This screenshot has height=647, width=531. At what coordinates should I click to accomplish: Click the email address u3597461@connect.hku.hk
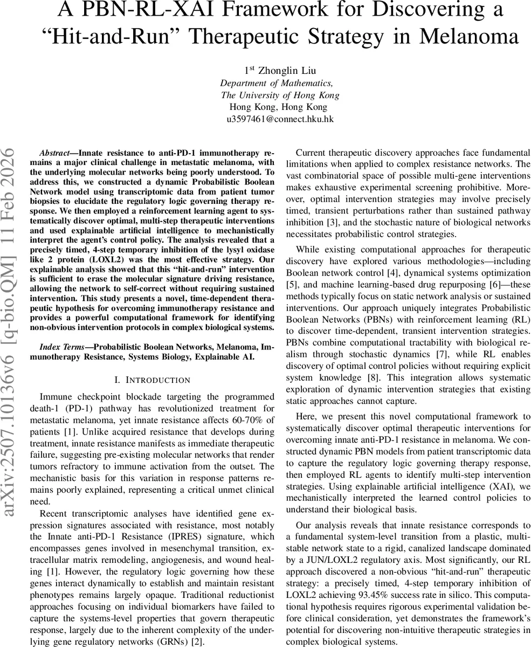280,119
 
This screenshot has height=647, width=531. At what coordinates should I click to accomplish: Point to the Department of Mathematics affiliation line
276,82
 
